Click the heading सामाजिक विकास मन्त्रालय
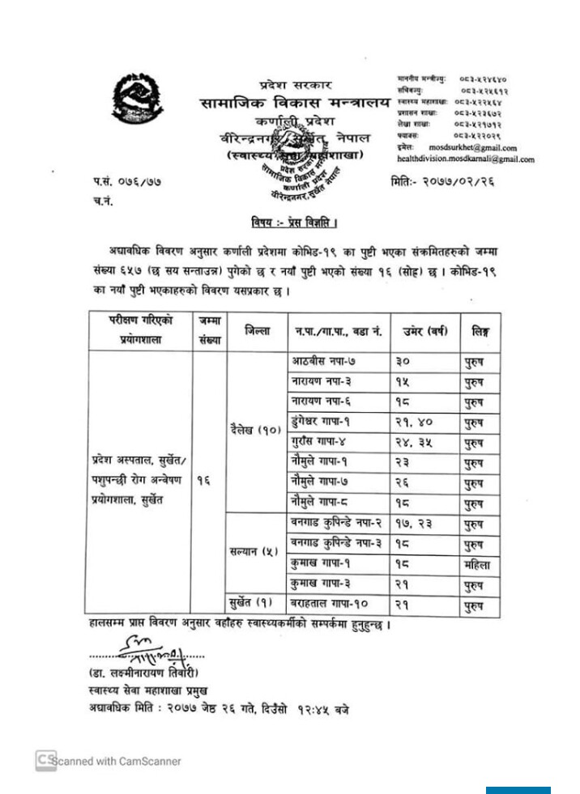[x=295, y=104]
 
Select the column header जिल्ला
[x=258, y=330]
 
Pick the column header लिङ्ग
[x=479, y=330]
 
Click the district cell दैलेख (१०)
[x=256, y=431]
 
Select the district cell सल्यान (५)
[x=255, y=552]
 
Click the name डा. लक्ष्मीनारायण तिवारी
[x=144, y=673]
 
